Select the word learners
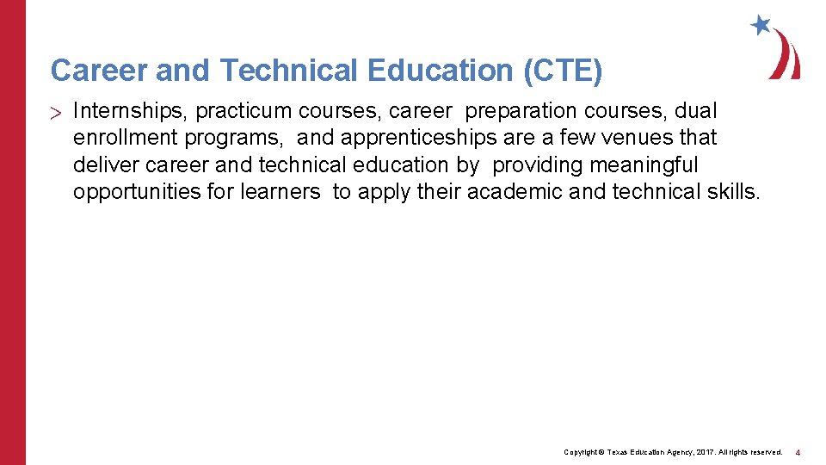[x=280, y=191]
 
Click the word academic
[x=515, y=191]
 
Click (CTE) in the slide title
[x=563, y=71]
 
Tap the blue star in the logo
[x=761, y=25]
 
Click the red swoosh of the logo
[x=787, y=56]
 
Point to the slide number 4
[x=798, y=452]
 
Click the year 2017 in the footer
[x=704, y=452]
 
